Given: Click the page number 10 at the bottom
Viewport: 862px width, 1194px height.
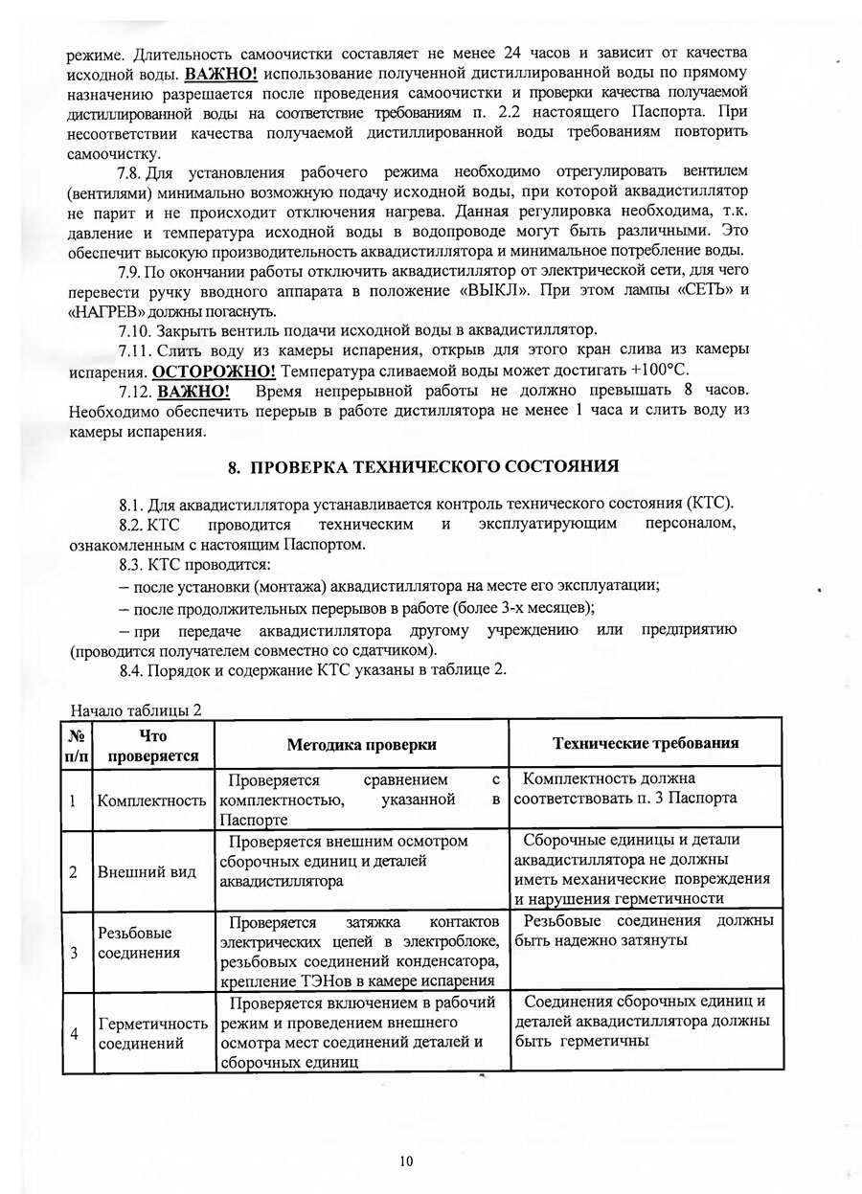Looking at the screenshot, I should pyautogui.click(x=405, y=1161).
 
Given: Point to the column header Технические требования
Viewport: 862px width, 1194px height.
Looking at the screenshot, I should pyautogui.click(x=646, y=743).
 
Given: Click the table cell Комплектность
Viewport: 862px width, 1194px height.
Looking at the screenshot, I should pyautogui.click(x=151, y=800).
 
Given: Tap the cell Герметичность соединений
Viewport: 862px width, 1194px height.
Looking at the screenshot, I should pyautogui.click(x=151, y=1033).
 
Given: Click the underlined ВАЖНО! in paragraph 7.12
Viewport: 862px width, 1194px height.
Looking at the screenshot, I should pyautogui.click(x=193, y=391).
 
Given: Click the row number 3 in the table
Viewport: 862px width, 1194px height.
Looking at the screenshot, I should pyautogui.click(x=74, y=953).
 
